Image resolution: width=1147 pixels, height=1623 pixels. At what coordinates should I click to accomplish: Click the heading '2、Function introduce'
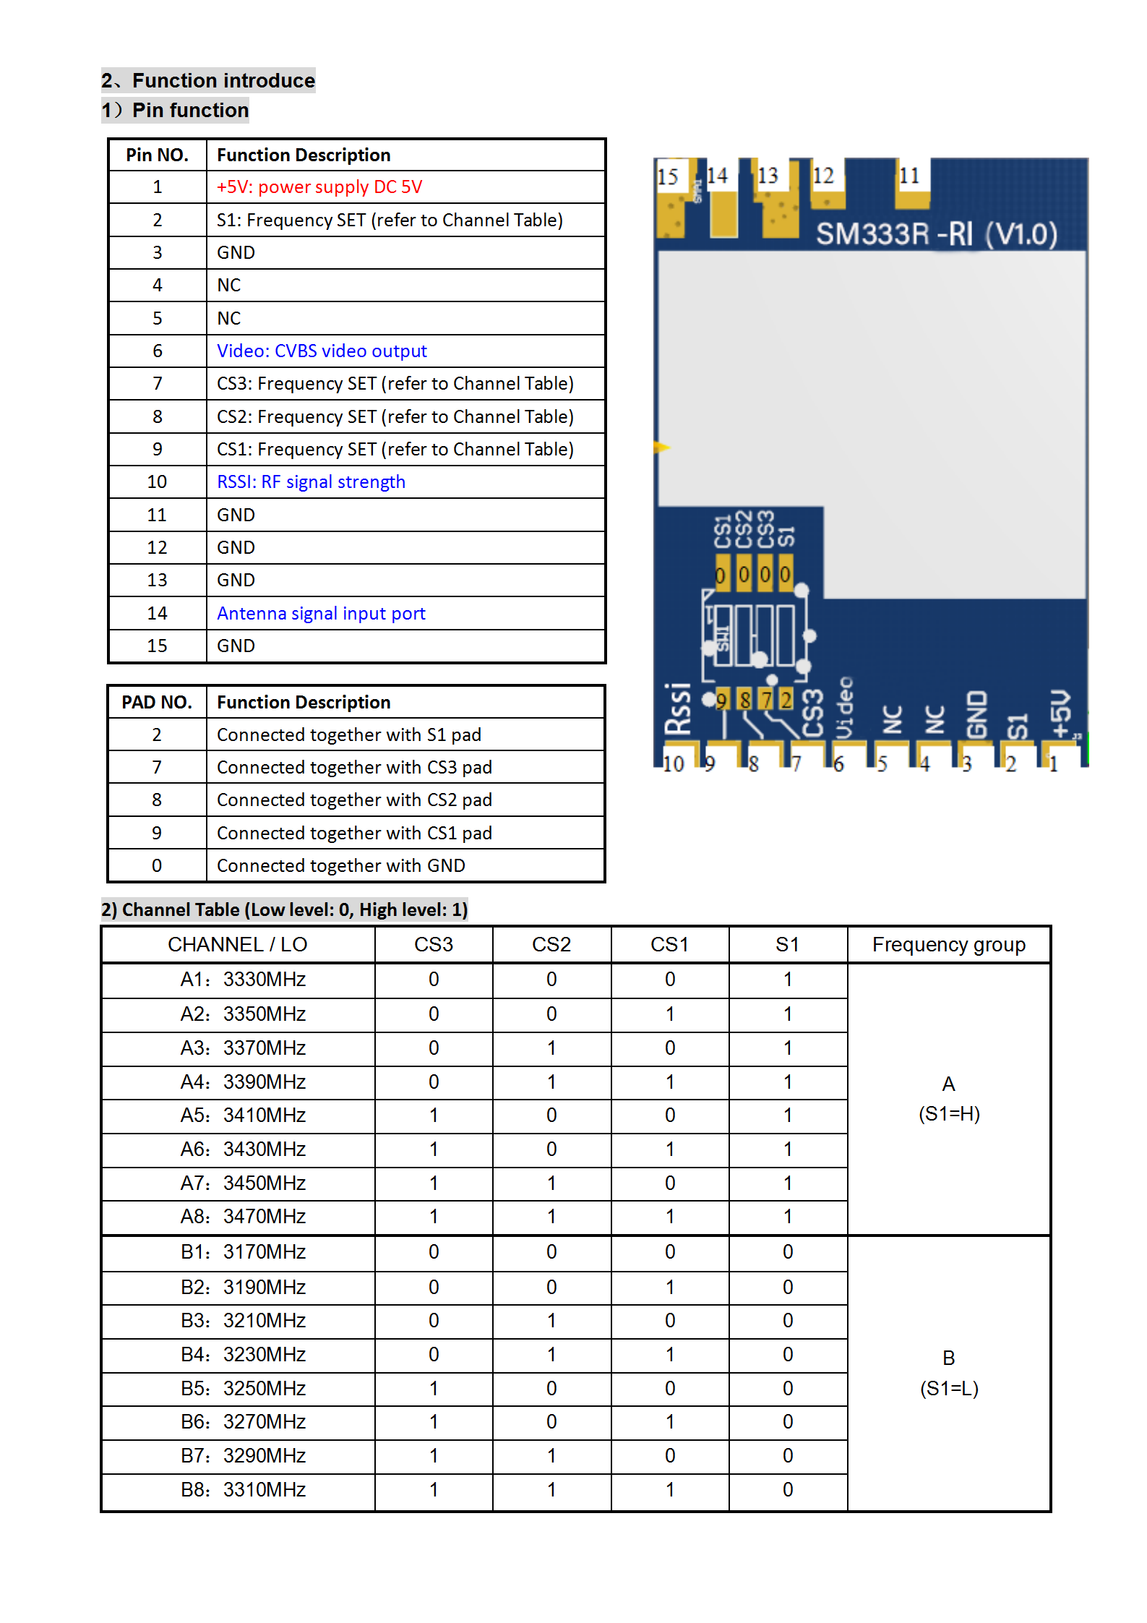tap(208, 80)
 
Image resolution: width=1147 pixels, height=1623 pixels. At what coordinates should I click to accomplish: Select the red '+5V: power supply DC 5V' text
tap(319, 187)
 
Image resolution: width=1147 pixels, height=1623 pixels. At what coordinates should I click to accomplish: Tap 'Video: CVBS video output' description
tap(322, 351)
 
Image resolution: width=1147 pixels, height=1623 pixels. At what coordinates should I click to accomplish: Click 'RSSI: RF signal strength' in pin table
tap(311, 482)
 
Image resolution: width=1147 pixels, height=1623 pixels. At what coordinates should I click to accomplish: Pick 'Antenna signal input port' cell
tap(321, 614)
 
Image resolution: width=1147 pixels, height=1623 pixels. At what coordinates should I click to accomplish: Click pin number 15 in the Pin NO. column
tap(157, 646)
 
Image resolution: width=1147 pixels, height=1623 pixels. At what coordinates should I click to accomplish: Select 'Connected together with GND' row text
tap(340, 866)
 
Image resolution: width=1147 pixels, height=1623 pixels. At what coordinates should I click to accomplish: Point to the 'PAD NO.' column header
tap(157, 703)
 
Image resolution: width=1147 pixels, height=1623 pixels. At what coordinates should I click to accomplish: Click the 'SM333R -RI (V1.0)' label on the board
tap(936, 234)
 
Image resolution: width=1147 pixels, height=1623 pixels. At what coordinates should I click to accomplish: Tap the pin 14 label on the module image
tap(717, 176)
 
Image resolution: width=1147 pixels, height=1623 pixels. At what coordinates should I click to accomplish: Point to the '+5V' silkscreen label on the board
tap(1060, 714)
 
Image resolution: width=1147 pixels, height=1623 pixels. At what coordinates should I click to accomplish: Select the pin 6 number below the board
tap(838, 765)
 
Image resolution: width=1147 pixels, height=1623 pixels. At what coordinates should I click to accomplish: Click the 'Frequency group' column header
tap(948, 945)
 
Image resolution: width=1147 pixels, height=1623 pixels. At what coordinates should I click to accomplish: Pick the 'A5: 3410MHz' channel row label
tap(243, 1115)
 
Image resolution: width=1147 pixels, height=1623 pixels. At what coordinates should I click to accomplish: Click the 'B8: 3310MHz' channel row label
tap(243, 1490)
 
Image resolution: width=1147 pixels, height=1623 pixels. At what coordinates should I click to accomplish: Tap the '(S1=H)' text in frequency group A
tap(948, 1114)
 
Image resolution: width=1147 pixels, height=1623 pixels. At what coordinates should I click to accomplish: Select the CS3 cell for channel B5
tap(434, 1389)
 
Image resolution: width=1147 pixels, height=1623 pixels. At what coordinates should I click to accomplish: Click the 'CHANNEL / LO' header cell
tap(238, 945)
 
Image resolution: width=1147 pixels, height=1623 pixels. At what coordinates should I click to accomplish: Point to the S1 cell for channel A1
tap(788, 980)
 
